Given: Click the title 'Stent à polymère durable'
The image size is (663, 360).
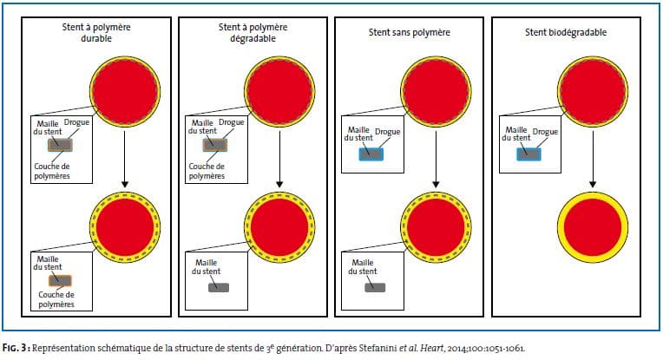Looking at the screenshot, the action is coord(96,33).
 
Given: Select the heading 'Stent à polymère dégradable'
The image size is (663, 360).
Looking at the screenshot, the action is coord(253,33).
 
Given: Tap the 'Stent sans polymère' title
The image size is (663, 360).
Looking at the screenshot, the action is coord(410,32).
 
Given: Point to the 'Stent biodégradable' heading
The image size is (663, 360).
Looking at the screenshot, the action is coord(566,32).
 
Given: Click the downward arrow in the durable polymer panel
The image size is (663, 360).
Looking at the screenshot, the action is coord(124,159).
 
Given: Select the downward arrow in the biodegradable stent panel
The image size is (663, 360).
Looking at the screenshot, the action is coord(593,159).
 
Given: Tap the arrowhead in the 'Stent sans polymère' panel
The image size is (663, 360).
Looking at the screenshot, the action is coord(436,184).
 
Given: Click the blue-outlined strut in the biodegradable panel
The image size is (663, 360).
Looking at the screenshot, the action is coord(528,154).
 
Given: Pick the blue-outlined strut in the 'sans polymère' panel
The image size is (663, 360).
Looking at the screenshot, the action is coord(371,154).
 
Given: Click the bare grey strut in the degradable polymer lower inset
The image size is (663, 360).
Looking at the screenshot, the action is coord(219,288).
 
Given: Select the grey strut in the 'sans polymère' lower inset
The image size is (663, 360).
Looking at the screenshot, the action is coord(375,288).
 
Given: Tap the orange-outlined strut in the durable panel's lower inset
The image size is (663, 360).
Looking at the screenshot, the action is coord(60,280).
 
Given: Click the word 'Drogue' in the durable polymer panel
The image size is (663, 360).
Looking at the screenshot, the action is coord(76,122).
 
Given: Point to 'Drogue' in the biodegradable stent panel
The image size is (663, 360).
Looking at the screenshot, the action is coord(545,132).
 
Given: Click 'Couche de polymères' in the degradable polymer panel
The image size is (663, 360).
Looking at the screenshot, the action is coord(207,171).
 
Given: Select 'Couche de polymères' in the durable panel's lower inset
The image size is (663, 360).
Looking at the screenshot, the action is coord(56,299).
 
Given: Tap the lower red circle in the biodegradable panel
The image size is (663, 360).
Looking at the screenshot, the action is coord(593,227).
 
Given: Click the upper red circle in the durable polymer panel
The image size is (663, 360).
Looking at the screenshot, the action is coord(125,92).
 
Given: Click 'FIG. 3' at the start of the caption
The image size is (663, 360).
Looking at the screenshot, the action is coord(16,348).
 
